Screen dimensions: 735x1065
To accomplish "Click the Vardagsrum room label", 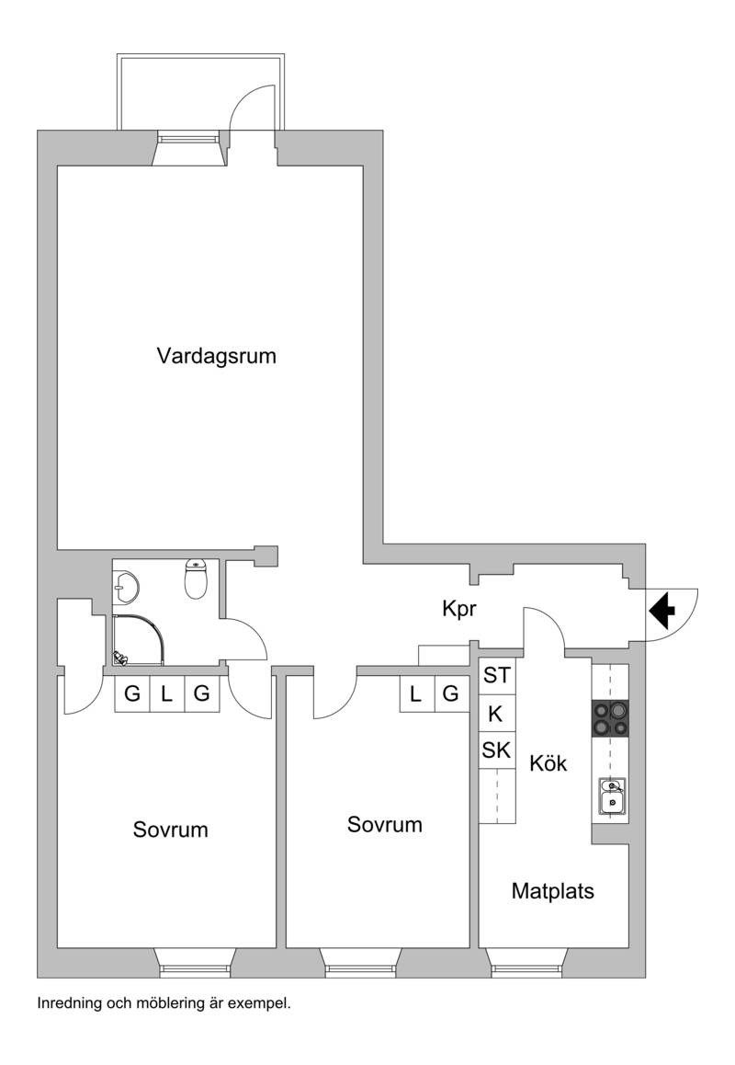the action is (x=217, y=356).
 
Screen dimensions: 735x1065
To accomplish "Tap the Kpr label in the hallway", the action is (x=459, y=609).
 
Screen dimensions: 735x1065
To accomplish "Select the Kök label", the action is (x=548, y=762).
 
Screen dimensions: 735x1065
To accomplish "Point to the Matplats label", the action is (x=552, y=890).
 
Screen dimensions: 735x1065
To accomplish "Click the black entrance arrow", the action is (x=662, y=610).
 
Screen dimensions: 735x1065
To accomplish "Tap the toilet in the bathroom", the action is (x=196, y=579).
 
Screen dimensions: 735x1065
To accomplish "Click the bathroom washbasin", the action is (x=126, y=586).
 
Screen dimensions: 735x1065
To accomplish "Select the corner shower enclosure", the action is (x=139, y=640).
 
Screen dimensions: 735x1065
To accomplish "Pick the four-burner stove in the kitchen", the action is (x=610, y=718).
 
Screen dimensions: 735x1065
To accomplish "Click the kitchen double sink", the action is (x=612, y=796).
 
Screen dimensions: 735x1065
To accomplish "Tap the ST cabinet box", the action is (x=497, y=676).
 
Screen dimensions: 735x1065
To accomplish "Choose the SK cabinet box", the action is (x=497, y=750).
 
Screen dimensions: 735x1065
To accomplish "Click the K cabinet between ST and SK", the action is (x=497, y=713).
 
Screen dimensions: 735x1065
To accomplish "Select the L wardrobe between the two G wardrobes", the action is (x=167, y=694).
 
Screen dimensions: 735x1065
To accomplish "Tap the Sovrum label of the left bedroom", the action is (x=170, y=830).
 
